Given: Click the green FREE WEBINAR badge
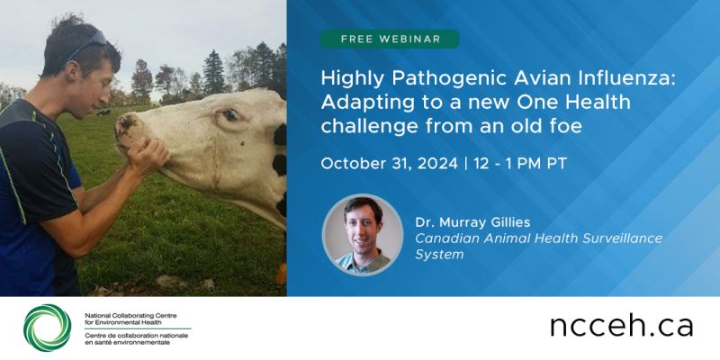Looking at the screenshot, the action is [390, 39].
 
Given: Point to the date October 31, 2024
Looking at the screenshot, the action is [390, 164].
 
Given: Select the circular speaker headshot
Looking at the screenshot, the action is [363, 235].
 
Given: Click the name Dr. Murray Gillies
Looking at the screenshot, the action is [473, 222].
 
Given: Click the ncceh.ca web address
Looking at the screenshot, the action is [621, 326].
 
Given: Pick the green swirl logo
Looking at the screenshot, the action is [48, 328].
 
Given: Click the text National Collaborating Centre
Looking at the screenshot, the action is [130, 316].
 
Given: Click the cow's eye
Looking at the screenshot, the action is [231, 115].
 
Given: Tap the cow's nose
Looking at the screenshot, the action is [124, 125].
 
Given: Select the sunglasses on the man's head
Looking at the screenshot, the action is [86, 44].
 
